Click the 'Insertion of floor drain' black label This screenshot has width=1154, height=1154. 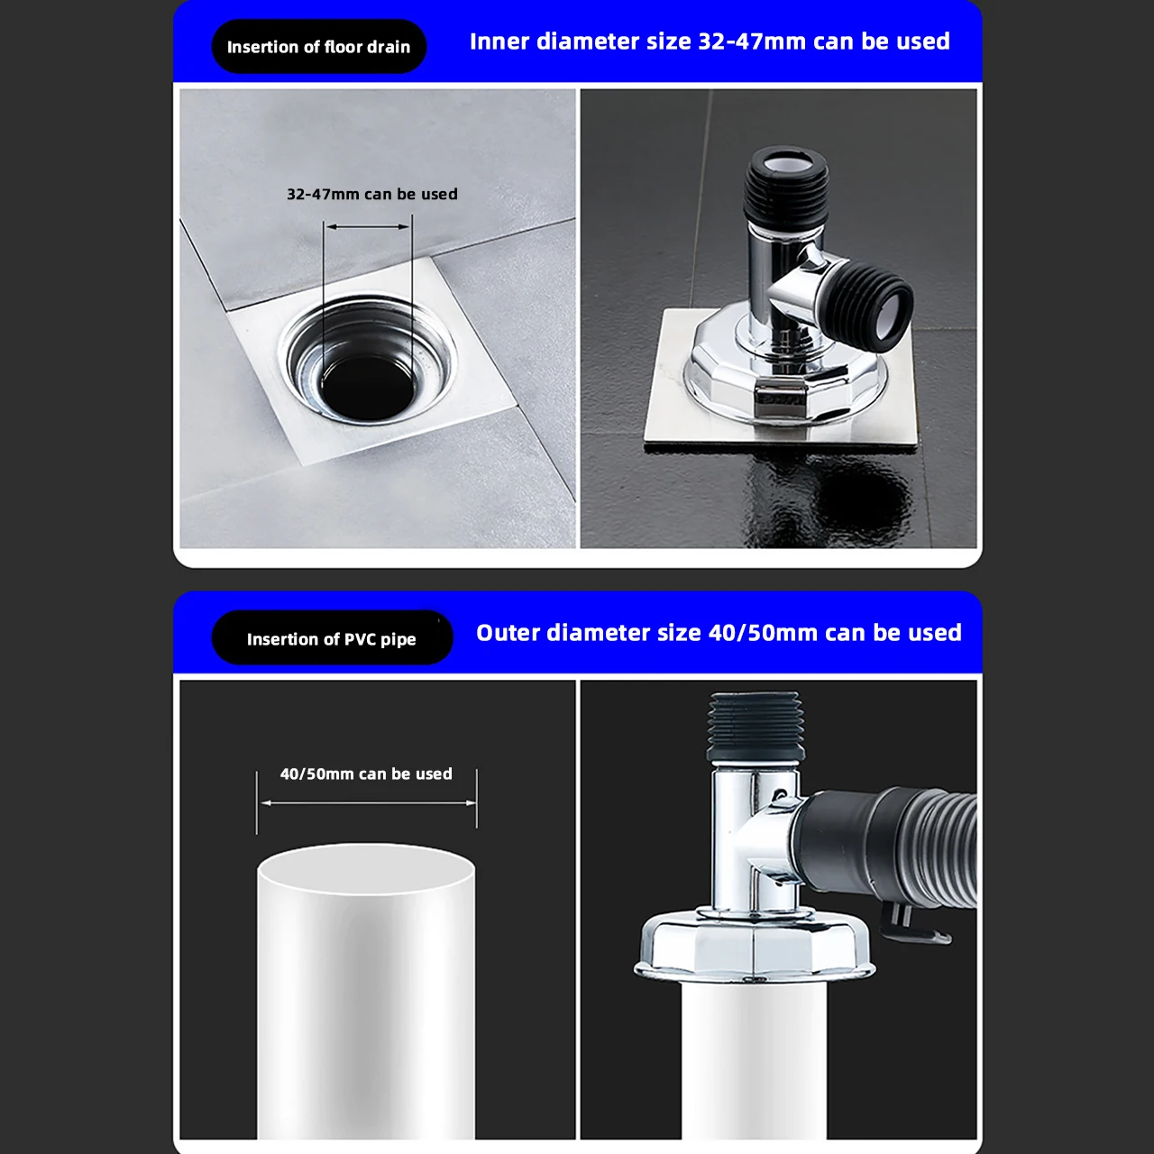click(318, 47)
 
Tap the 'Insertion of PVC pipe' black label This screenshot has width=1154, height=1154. click(331, 639)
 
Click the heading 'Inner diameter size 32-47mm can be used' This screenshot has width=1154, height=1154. click(710, 41)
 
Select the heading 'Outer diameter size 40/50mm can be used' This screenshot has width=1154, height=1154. click(719, 633)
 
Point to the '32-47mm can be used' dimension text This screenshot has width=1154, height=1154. click(371, 194)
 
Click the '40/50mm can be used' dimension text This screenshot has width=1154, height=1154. click(366, 774)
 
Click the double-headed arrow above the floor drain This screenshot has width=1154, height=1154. click(368, 227)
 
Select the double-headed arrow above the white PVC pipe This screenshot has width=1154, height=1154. click(367, 802)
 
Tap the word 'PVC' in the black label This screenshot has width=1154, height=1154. click(360, 639)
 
